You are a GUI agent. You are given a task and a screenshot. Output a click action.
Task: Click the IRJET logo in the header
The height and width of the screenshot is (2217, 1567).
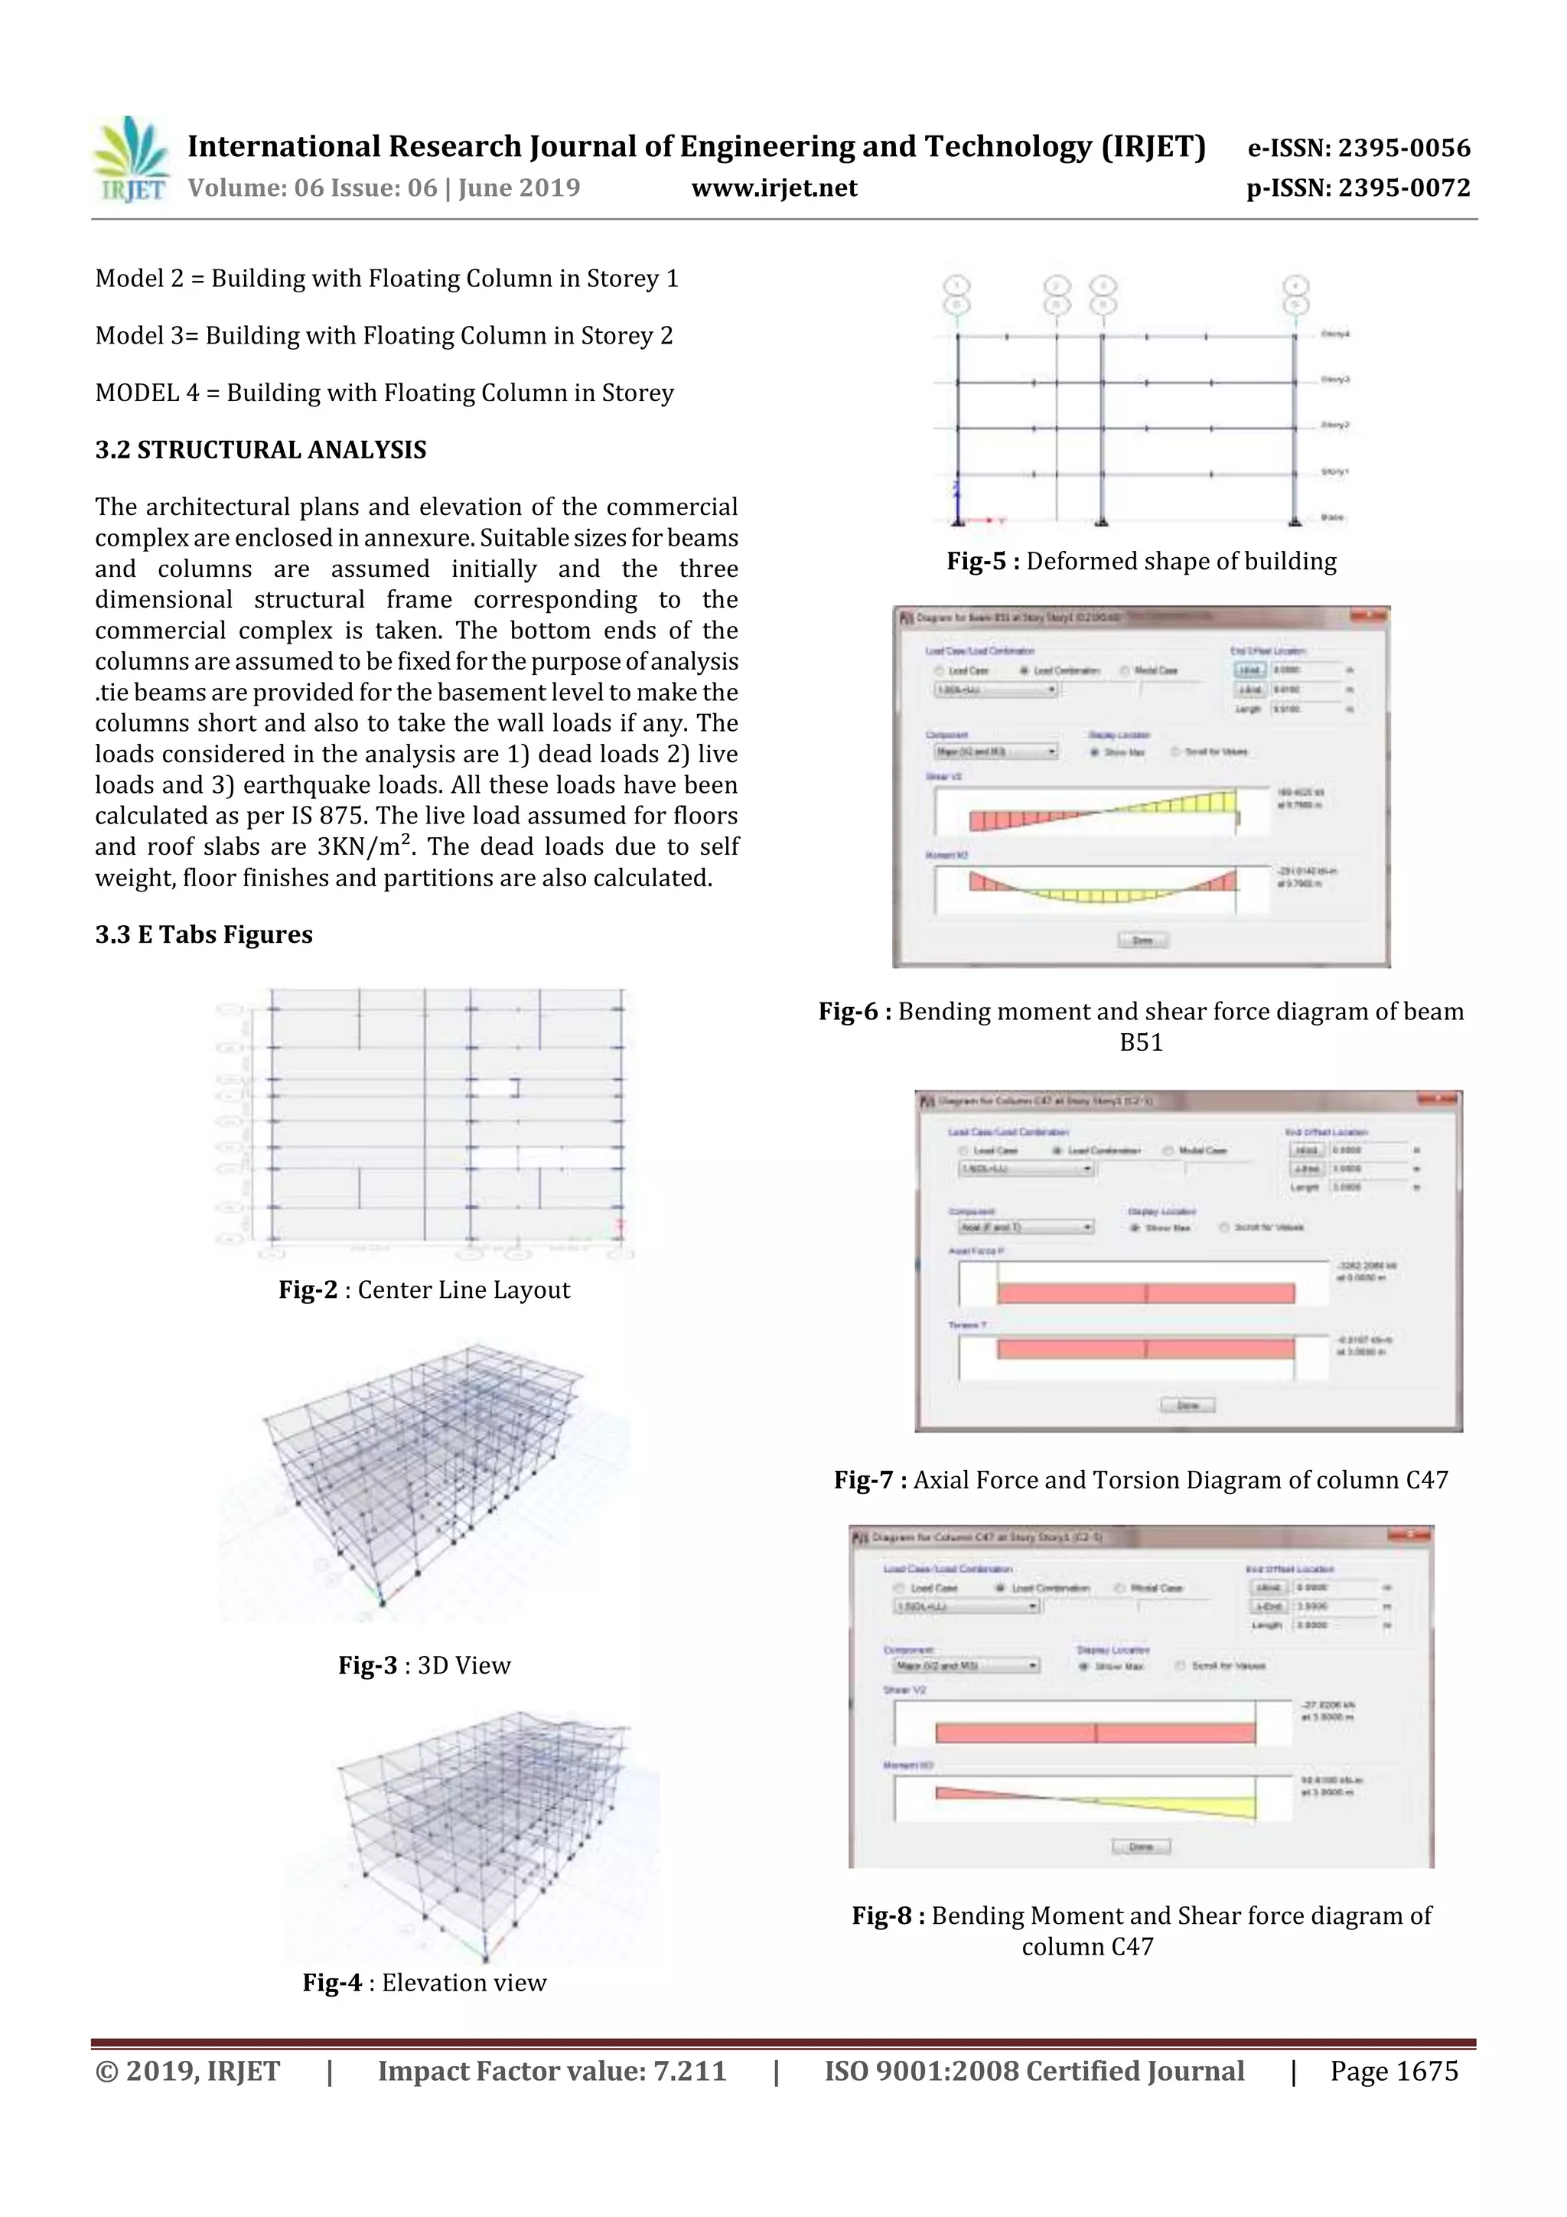(130, 160)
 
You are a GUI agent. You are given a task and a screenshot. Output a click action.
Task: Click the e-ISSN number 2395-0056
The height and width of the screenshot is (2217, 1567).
(1358, 148)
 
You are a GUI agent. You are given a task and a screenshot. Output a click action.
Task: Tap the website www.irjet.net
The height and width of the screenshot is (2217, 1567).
(774, 188)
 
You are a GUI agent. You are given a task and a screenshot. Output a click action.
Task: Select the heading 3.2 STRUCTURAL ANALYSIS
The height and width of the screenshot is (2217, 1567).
(261, 450)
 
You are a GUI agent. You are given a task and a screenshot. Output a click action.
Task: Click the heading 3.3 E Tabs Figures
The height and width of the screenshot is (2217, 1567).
(204, 934)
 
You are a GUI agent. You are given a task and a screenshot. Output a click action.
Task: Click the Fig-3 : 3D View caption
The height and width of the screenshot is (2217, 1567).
(424, 1666)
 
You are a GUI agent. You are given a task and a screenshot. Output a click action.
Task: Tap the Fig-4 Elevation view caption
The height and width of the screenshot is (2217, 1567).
(424, 1982)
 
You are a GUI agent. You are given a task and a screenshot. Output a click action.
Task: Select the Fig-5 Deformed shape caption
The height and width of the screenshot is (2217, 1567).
(1142, 562)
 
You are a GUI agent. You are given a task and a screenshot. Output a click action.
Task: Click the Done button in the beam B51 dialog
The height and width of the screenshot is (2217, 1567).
(1142, 941)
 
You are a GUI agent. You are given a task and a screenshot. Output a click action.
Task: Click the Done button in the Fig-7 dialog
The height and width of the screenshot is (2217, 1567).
(1187, 1405)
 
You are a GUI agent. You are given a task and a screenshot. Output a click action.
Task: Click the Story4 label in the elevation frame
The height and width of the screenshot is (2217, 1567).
(1334, 334)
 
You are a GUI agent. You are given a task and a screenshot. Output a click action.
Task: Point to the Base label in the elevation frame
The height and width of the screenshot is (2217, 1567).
(1331, 517)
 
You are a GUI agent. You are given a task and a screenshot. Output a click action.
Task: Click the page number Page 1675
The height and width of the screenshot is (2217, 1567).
(1393, 2071)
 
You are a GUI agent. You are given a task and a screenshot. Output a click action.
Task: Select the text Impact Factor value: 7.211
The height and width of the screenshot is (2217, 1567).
(552, 2071)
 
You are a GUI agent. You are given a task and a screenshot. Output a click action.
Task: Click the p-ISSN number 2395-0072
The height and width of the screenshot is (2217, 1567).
(1358, 188)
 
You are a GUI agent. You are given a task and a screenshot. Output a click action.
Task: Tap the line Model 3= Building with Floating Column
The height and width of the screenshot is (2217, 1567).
(384, 336)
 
